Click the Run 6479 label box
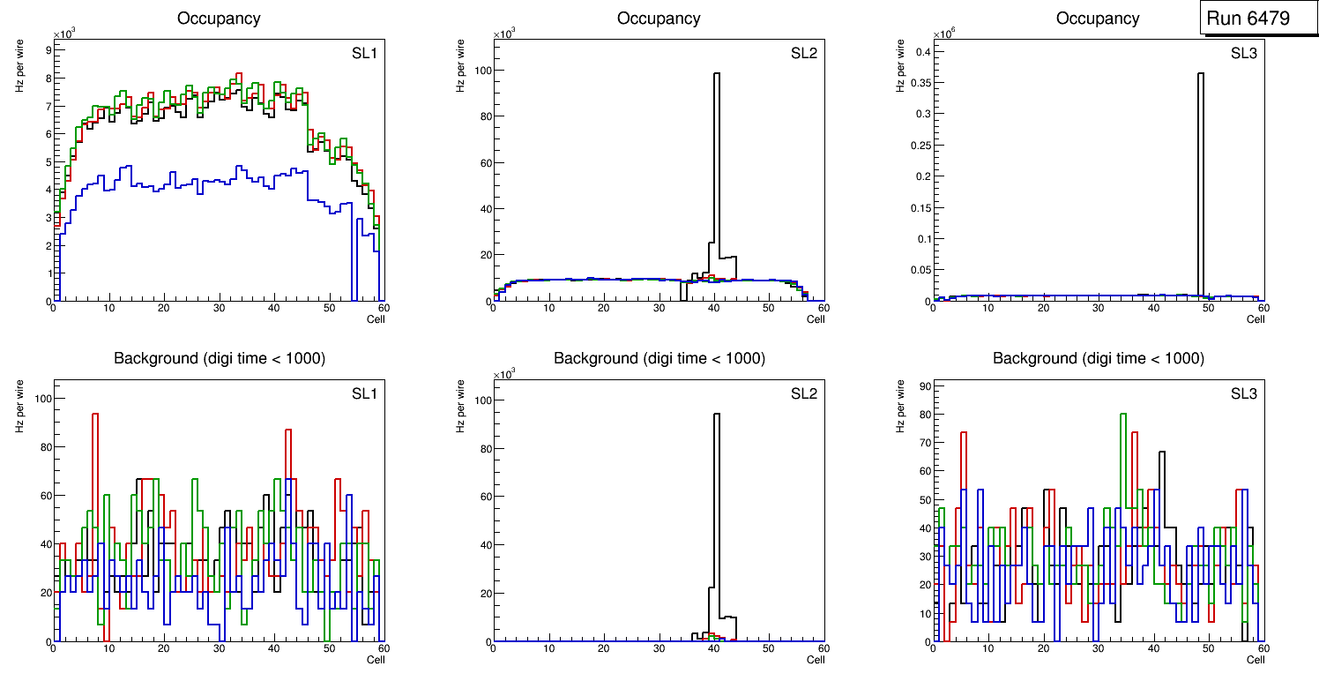coord(1248,18)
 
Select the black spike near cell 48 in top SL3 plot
coord(1201,176)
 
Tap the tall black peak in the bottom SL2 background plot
coord(717,512)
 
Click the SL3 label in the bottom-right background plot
coord(1243,393)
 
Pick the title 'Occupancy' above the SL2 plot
coord(659,18)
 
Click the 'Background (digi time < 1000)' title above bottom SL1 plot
coord(219,358)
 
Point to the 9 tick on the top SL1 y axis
coord(48,50)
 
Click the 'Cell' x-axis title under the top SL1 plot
coord(376,319)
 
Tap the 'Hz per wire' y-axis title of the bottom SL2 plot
coord(459,406)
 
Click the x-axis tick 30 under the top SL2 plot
coord(659,308)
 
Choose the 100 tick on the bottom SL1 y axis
coord(41,399)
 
